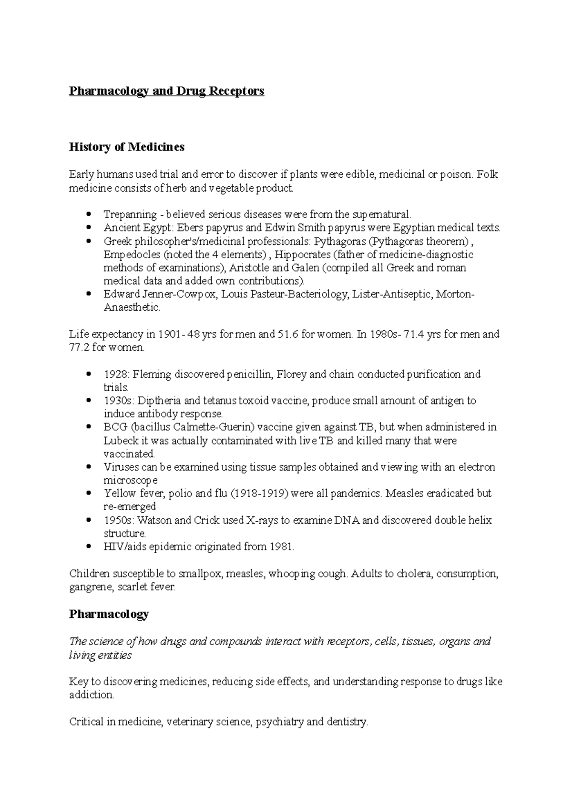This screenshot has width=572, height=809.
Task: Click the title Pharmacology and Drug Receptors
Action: [166, 91]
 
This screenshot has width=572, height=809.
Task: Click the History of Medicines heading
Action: [126, 147]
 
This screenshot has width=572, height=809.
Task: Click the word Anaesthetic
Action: [132, 308]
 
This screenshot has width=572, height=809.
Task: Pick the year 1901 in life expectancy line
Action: [169, 334]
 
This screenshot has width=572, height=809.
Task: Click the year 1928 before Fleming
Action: [113, 374]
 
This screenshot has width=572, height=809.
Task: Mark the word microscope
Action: [130, 481]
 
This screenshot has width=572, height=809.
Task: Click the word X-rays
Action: [262, 520]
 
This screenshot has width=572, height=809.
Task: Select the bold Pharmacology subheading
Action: [109, 614]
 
